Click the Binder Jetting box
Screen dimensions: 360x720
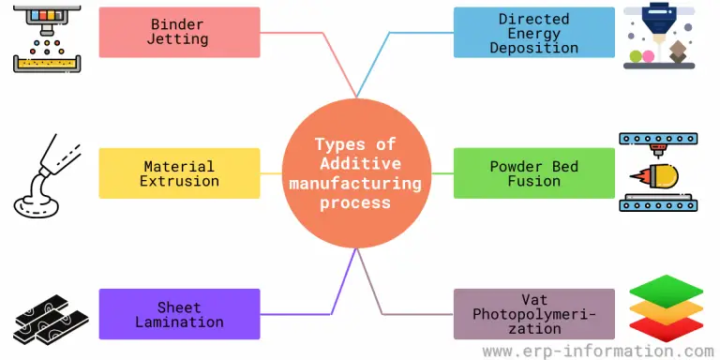pyautogui.click(x=179, y=32)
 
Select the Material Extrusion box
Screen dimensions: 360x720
pyautogui.click(x=179, y=173)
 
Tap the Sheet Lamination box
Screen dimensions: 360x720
pyautogui.click(x=179, y=314)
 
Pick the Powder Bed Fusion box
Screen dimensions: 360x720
pyautogui.click(x=534, y=173)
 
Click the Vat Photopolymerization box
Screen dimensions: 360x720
pyautogui.click(x=534, y=314)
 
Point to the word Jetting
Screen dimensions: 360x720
pyautogui.click(x=178, y=40)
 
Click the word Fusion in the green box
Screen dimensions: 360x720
pyautogui.click(x=534, y=181)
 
